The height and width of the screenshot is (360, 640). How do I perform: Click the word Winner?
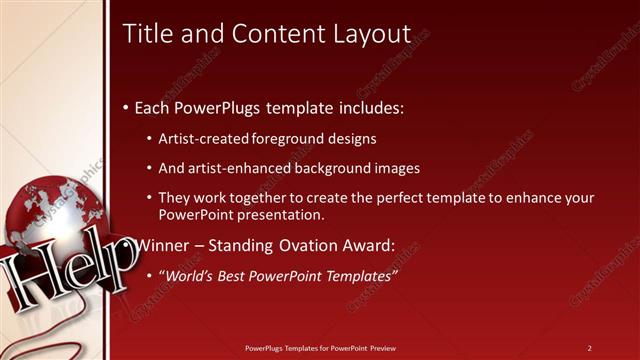(x=162, y=244)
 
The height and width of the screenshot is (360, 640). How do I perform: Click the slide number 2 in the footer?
(x=589, y=347)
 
